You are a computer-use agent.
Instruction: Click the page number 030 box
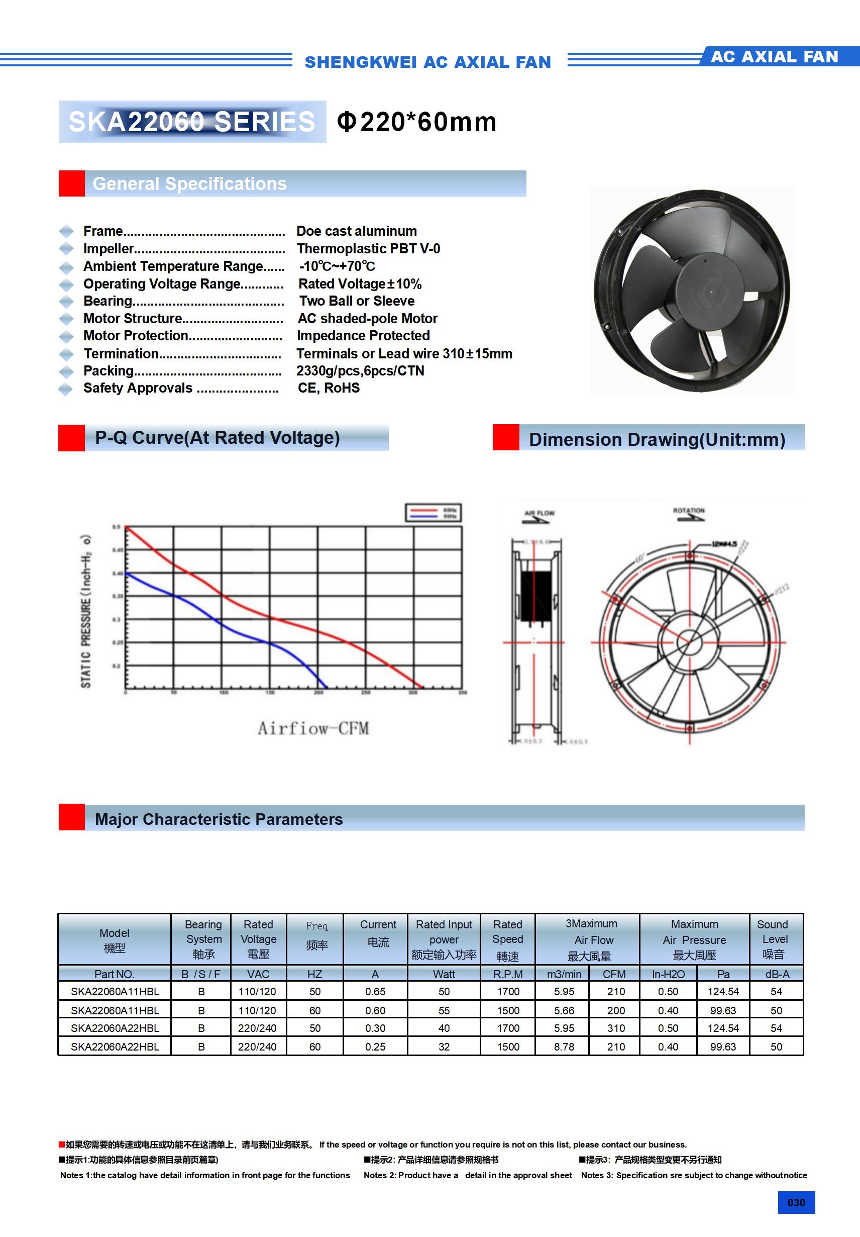796,1202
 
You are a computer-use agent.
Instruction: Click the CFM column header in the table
614,974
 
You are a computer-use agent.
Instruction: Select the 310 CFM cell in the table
616,1028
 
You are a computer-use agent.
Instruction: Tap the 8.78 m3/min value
564,1047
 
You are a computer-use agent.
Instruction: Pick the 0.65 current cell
375,991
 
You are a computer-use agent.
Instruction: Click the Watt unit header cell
444,974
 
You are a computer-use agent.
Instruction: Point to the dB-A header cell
777,974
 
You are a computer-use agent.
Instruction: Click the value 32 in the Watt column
444,1047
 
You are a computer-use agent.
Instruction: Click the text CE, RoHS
329,388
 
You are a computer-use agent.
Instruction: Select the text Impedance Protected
363,336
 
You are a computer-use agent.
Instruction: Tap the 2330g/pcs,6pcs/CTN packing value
360,370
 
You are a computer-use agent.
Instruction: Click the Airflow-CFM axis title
313,728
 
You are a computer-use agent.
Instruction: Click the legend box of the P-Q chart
433,513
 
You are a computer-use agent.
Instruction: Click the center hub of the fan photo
711,292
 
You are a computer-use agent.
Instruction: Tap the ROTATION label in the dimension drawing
688,510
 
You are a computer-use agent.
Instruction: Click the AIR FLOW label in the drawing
539,513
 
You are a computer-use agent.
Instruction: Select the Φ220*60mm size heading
416,122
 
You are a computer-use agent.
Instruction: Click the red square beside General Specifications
72,184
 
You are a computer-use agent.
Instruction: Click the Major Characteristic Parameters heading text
219,819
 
